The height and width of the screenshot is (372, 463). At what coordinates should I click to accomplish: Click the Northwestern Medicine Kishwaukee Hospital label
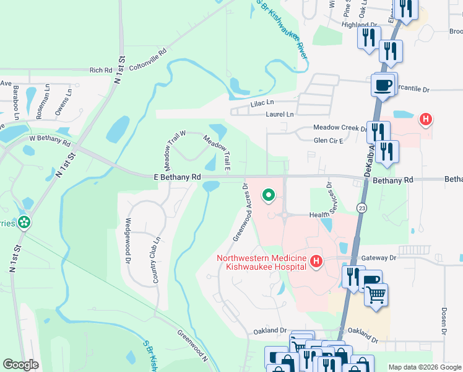click(x=261, y=262)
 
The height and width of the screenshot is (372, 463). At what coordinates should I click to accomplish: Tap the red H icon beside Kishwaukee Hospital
click(x=316, y=262)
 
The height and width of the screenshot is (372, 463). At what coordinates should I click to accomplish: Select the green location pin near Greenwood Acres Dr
click(x=269, y=195)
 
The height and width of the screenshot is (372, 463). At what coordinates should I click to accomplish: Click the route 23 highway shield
click(x=360, y=207)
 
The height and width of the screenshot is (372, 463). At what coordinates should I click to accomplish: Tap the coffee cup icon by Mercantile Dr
click(x=383, y=86)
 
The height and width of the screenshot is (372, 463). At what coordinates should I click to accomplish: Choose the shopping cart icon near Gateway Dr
click(x=376, y=296)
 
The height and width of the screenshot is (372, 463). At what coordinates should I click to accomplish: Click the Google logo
click(x=20, y=365)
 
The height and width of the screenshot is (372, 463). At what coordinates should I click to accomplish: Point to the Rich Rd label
click(x=100, y=71)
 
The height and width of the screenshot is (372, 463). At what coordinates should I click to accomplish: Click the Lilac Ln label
click(x=261, y=103)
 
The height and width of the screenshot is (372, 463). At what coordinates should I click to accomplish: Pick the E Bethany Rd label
click(x=178, y=177)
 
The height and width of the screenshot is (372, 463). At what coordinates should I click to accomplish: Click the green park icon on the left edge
click(x=24, y=223)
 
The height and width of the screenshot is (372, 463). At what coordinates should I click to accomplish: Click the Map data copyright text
click(x=424, y=366)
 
